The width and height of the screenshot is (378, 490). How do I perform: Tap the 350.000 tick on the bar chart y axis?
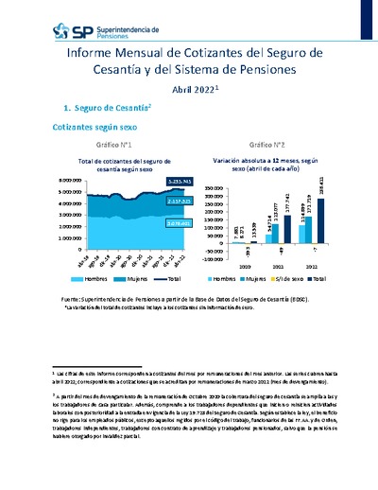[x=213, y=190]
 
